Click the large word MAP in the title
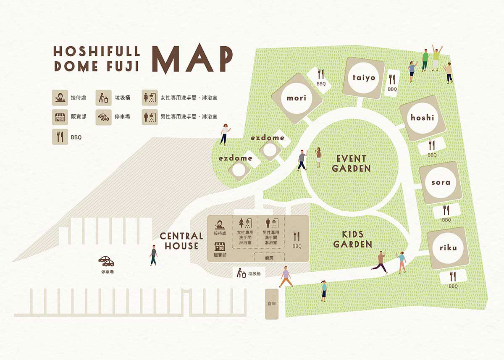[192, 60]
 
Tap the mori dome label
[297, 98]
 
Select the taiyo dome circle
[364, 78]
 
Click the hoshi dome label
[422, 118]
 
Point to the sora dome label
[441, 182]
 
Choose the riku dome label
[448, 247]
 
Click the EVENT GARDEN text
[351, 163]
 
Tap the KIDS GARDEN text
[352, 239]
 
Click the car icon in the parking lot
[106, 261]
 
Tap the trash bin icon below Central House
[241, 273]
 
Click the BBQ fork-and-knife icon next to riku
[453, 277]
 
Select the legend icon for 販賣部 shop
[60, 117]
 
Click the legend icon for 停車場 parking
[103, 117]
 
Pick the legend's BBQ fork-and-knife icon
[60, 137]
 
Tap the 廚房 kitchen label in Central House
[269, 258]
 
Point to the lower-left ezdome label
[236, 158]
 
